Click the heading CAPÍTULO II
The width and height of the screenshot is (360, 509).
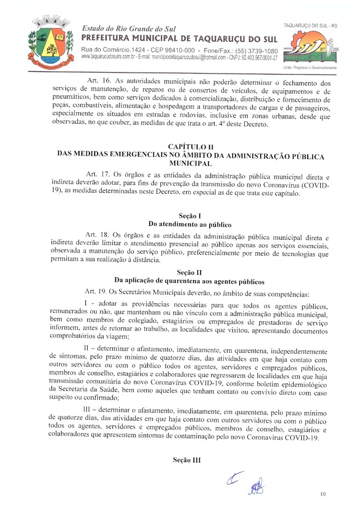[191, 146]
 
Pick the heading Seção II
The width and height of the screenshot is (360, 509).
[190, 272]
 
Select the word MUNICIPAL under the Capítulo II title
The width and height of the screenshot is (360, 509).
[191, 163]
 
